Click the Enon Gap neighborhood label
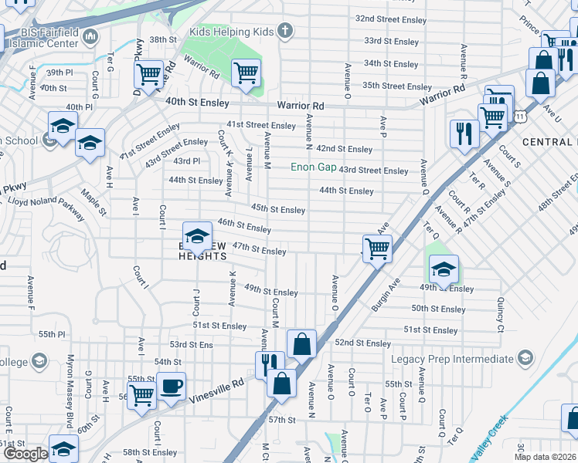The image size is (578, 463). (x=313, y=167)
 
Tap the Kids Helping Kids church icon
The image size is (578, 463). (x=285, y=32)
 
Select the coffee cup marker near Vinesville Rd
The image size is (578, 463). (x=171, y=385)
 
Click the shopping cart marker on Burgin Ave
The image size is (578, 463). (x=377, y=248)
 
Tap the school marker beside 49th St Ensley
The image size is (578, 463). (x=444, y=269)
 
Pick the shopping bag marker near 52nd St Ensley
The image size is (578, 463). (x=302, y=343)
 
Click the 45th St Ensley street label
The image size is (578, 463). (x=278, y=209)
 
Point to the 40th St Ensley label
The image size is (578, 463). (x=197, y=102)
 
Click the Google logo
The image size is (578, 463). (x=25, y=455)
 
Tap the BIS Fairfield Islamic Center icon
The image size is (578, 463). (x=90, y=35)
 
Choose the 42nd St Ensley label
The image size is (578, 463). (x=344, y=148)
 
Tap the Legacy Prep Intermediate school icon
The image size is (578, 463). (x=525, y=358)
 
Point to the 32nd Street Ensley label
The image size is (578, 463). (x=393, y=18)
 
